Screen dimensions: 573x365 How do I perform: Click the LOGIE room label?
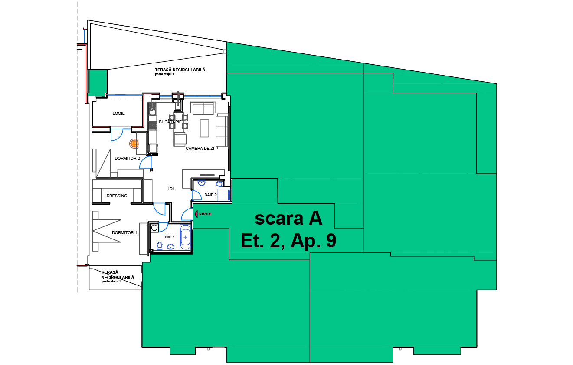[x=118, y=113]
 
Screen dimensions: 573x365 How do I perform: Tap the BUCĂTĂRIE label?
[x=170, y=122]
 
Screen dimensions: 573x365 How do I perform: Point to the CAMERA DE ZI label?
[x=200, y=149]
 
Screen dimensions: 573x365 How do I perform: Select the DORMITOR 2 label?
[x=127, y=159]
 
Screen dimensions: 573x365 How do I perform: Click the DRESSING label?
[x=117, y=196]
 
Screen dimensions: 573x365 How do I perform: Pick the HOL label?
[x=170, y=189]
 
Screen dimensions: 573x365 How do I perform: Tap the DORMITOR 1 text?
[x=124, y=233]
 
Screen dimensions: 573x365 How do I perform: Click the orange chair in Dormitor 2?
[x=134, y=143]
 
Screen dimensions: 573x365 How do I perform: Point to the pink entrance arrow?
[x=196, y=214]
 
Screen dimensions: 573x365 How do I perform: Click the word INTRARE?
[x=205, y=214]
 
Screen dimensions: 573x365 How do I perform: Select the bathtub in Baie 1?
[x=186, y=237]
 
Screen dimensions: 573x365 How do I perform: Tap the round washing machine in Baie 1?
[x=154, y=228]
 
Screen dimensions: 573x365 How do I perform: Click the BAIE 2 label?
[x=210, y=195]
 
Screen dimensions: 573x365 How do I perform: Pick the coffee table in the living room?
[x=204, y=128]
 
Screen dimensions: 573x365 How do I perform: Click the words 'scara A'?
[x=288, y=219]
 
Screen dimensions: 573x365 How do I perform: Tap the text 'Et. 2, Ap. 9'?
[x=288, y=240]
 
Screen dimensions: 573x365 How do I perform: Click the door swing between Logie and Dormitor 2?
[x=117, y=135]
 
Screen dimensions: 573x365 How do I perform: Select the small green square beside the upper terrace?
[x=98, y=83]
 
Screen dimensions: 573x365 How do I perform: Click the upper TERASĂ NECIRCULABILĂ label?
[x=180, y=70]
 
